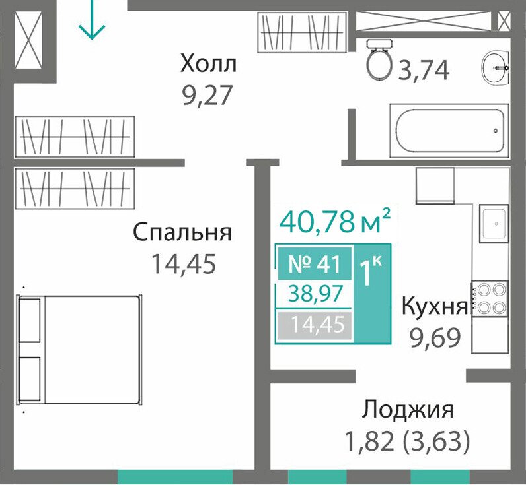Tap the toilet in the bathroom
[x=379, y=59]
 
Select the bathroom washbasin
[x=496, y=68]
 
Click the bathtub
[x=449, y=131]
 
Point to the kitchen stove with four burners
[x=490, y=299]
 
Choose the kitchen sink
[x=494, y=224]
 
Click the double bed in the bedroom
[x=79, y=350]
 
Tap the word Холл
[x=208, y=64]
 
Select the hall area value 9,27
[x=207, y=96]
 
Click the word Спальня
[x=182, y=232]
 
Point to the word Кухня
[x=434, y=306]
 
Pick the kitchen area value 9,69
[x=435, y=338]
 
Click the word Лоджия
[x=408, y=410]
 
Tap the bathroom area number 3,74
[x=424, y=71]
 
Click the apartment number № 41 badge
[x=315, y=264]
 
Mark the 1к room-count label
[x=371, y=273]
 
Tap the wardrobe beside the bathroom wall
[x=302, y=32]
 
